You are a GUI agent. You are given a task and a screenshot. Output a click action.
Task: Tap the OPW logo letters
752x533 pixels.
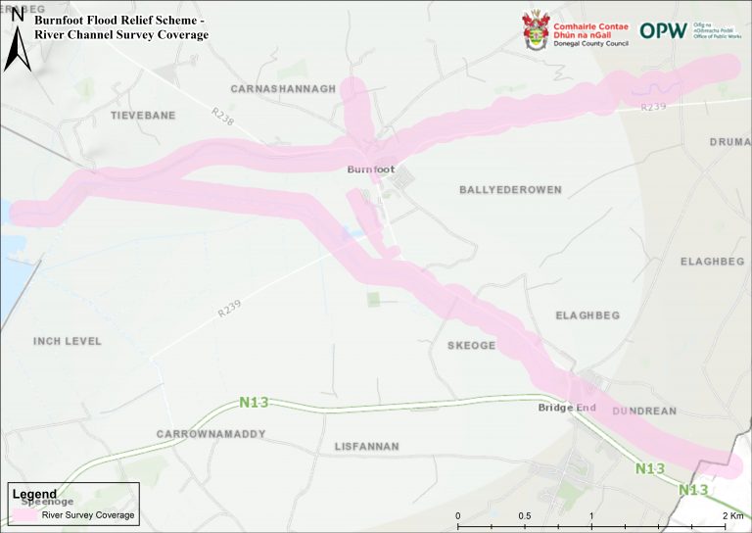(664, 29)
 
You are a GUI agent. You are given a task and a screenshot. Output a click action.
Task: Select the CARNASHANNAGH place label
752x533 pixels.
(283, 88)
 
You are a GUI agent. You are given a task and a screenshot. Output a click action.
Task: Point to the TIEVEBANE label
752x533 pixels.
(143, 115)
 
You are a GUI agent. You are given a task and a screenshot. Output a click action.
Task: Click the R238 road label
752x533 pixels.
(223, 117)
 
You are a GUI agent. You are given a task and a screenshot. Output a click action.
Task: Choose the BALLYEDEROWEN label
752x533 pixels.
(504, 189)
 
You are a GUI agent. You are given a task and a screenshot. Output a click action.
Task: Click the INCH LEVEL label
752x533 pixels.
(68, 341)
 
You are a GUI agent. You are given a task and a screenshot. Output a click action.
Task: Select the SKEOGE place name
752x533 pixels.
(471, 346)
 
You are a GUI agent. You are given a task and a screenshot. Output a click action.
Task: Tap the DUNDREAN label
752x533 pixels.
(644, 412)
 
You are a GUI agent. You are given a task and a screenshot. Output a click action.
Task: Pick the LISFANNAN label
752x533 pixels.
(367, 446)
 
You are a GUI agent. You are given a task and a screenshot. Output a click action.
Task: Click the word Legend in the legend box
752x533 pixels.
(34, 494)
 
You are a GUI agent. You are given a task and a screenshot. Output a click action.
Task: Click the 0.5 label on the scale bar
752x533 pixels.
(525, 515)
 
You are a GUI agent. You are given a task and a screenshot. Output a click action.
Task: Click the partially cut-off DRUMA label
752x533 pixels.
(730, 142)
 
